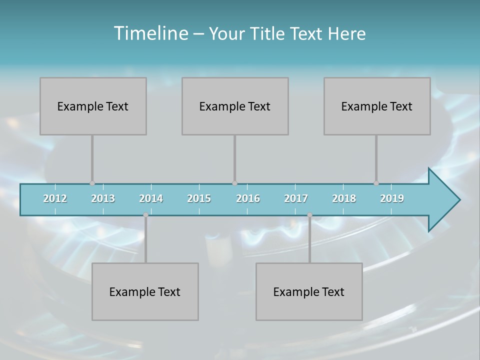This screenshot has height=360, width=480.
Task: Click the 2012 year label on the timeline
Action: (x=55, y=198)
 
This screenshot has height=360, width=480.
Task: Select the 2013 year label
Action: (x=103, y=198)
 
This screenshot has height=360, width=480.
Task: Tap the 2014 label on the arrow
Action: (x=151, y=198)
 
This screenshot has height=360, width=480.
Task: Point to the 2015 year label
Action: (x=199, y=198)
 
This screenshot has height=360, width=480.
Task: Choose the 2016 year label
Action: (x=248, y=198)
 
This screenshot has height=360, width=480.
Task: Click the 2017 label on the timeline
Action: (x=296, y=198)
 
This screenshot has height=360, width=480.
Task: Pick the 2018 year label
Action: (x=344, y=198)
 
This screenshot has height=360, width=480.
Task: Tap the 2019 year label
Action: (x=392, y=198)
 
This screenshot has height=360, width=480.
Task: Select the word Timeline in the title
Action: (x=150, y=33)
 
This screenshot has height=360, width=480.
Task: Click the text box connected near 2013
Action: (x=93, y=106)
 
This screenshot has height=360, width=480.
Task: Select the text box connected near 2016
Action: (x=235, y=106)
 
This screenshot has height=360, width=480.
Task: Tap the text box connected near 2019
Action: (x=377, y=106)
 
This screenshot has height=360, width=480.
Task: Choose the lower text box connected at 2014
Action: (x=145, y=291)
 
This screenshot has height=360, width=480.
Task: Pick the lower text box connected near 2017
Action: (x=309, y=291)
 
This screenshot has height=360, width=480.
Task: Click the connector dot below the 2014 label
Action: (x=145, y=215)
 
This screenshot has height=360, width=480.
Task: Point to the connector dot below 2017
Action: (x=309, y=215)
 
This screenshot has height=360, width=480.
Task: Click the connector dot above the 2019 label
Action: (x=376, y=183)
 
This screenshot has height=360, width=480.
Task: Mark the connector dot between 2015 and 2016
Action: (x=234, y=183)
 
